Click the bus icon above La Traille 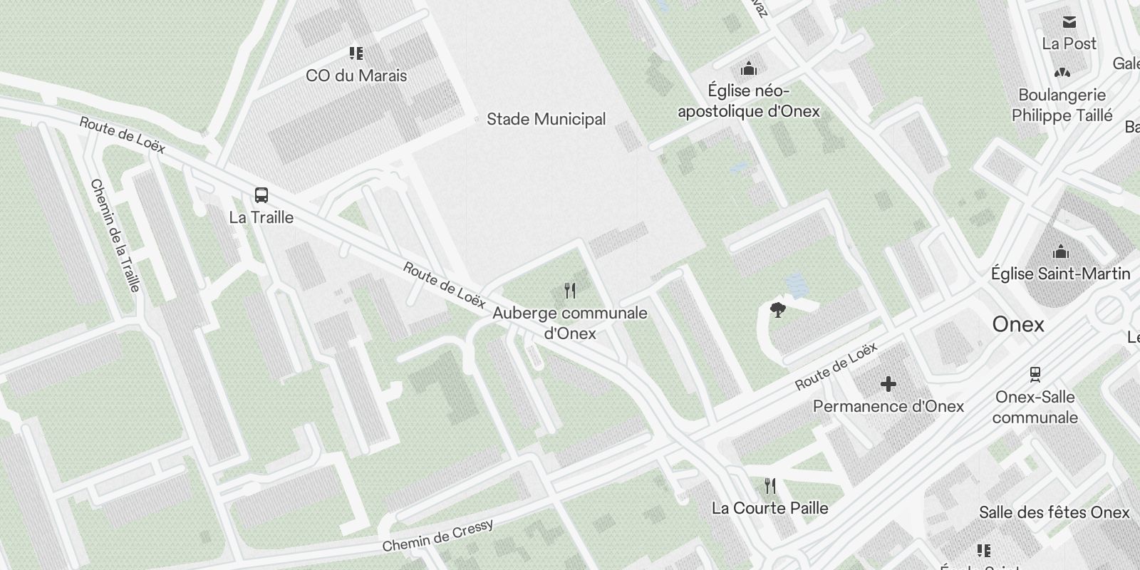pos(261,195)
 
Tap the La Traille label pos(261,217)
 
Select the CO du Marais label pos(356,76)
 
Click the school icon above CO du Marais pos(356,53)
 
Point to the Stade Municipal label pos(546,119)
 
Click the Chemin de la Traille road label pos(115,235)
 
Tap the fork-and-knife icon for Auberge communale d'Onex pos(569,291)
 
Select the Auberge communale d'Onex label pos(570,323)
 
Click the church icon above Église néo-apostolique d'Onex pos(748,68)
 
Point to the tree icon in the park pos(777,310)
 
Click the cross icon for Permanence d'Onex pos(888,385)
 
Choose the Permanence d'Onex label pos(888,407)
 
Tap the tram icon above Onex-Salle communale pos(1035,374)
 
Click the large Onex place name pos(1018,325)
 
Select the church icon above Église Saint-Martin pos(1061,252)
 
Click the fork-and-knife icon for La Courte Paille pos(769,487)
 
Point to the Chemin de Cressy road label pos(437,536)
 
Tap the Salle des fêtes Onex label pos(1054,513)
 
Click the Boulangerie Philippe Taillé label pos(1062,105)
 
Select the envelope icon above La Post pos(1069,22)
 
